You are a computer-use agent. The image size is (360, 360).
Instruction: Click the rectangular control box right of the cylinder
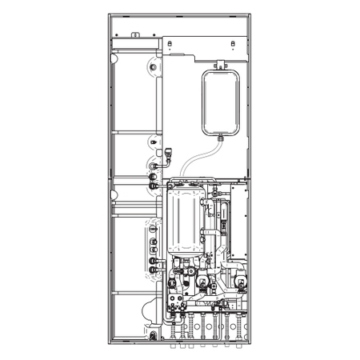(241, 216)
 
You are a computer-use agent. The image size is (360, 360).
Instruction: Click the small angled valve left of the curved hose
(170, 148)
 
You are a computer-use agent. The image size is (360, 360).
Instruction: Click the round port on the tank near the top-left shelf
(153, 170)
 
